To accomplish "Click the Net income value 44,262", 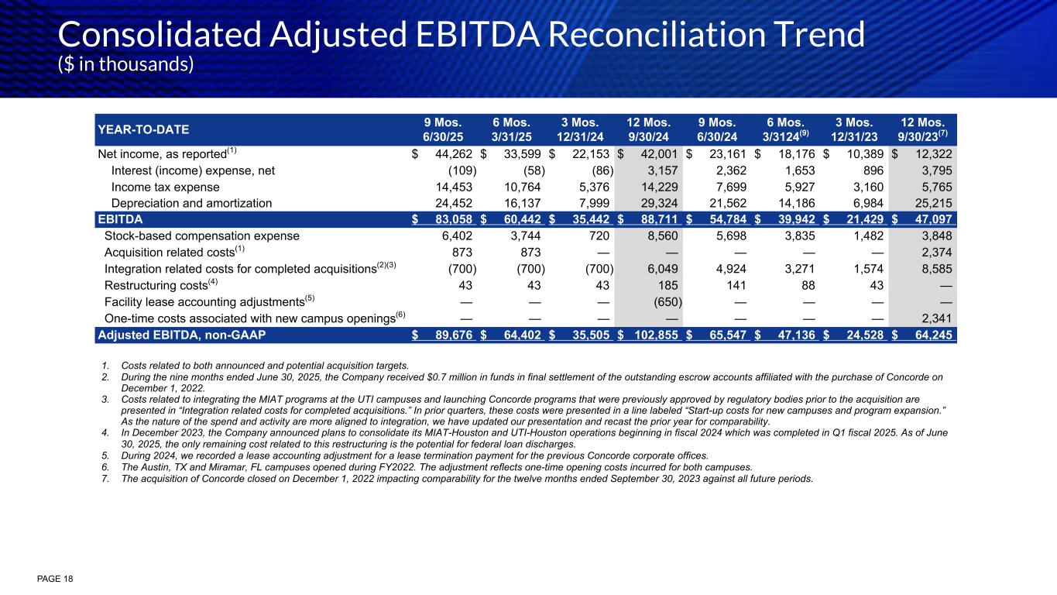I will [453, 154].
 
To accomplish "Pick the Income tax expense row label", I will [165, 187].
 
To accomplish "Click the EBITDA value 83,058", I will [453, 219].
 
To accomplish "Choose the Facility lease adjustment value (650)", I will [665, 301].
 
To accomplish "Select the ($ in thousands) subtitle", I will [126, 64].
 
